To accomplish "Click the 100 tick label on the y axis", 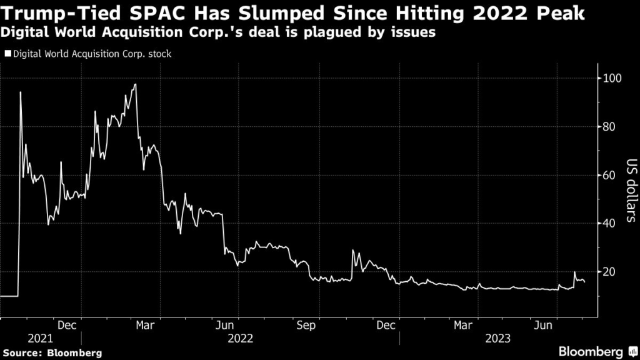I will [613, 78].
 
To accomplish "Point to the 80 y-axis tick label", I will [611, 127].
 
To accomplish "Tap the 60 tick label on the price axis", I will [611, 175].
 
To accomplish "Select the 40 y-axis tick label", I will [611, 223].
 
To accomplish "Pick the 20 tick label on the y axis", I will [611, 272].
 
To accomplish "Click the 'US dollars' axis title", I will [631, 191].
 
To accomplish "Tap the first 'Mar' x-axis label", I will [145, 326].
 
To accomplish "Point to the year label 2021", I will [40, 338].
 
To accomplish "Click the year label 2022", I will [241, 338].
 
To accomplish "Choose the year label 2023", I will [498, 338].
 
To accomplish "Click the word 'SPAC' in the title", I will [159, 13].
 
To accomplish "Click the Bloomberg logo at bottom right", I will [594, 351].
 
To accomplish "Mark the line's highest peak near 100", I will [135, 84].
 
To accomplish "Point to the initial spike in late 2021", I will [21, 92].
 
